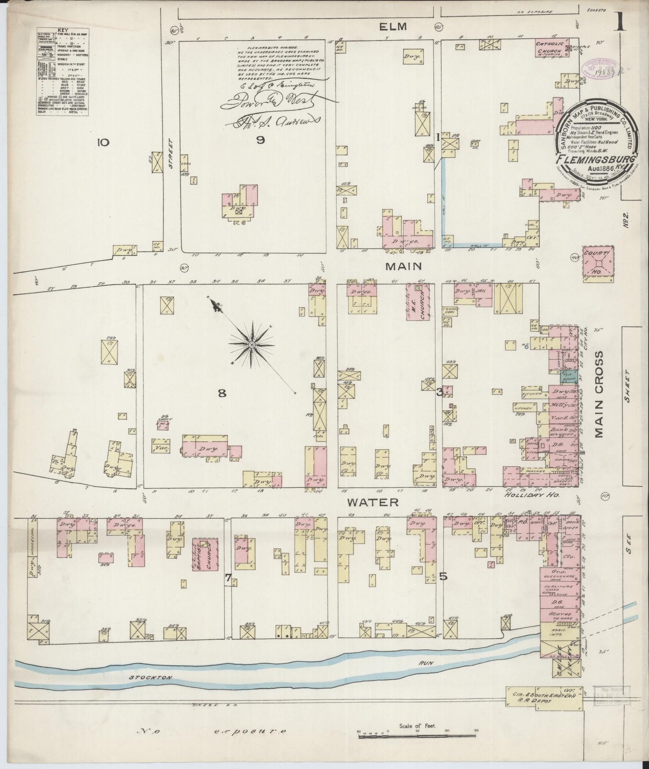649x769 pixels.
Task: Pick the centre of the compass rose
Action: pyautogui.click(x=252, y=344)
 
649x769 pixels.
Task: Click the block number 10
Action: pyautogui.click(x=103, y=143)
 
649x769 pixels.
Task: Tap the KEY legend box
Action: pyautogui.click(x=62, y=72)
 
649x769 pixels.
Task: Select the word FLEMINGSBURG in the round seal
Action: pyautogui.click(x=595, y=159)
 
